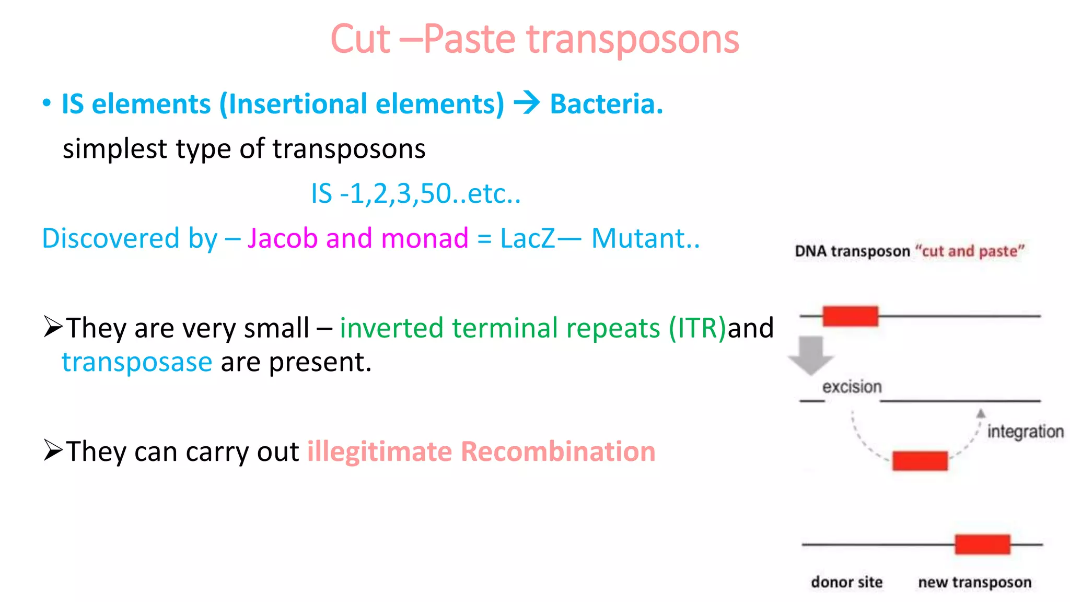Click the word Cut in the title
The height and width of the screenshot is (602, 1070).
360,39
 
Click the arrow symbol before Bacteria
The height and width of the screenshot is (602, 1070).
527,102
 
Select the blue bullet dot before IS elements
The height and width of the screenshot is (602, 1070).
47,103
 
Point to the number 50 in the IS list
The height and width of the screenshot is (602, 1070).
436,193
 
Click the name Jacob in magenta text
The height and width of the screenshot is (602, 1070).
282,238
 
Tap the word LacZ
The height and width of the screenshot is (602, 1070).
527,238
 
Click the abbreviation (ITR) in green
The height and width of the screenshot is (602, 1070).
697,328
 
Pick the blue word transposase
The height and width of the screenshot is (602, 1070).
137,362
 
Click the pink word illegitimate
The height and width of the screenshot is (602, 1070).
379,451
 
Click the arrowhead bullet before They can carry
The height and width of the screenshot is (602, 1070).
53,450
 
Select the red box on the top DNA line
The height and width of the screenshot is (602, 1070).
850,316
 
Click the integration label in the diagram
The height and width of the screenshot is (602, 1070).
1025,432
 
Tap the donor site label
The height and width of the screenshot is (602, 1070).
846,582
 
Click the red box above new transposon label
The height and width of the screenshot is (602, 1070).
982,545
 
